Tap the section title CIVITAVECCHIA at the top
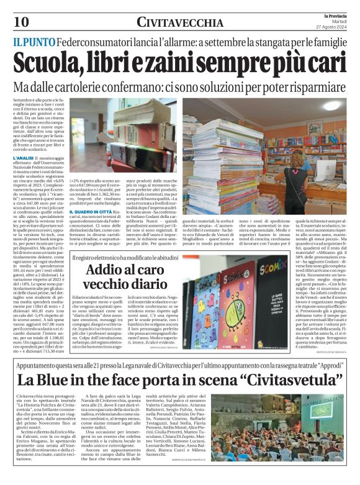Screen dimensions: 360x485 pyautogui.click(x=181, y=23)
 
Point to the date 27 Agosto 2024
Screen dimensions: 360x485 pyautogui.click(x=339, y=27)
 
